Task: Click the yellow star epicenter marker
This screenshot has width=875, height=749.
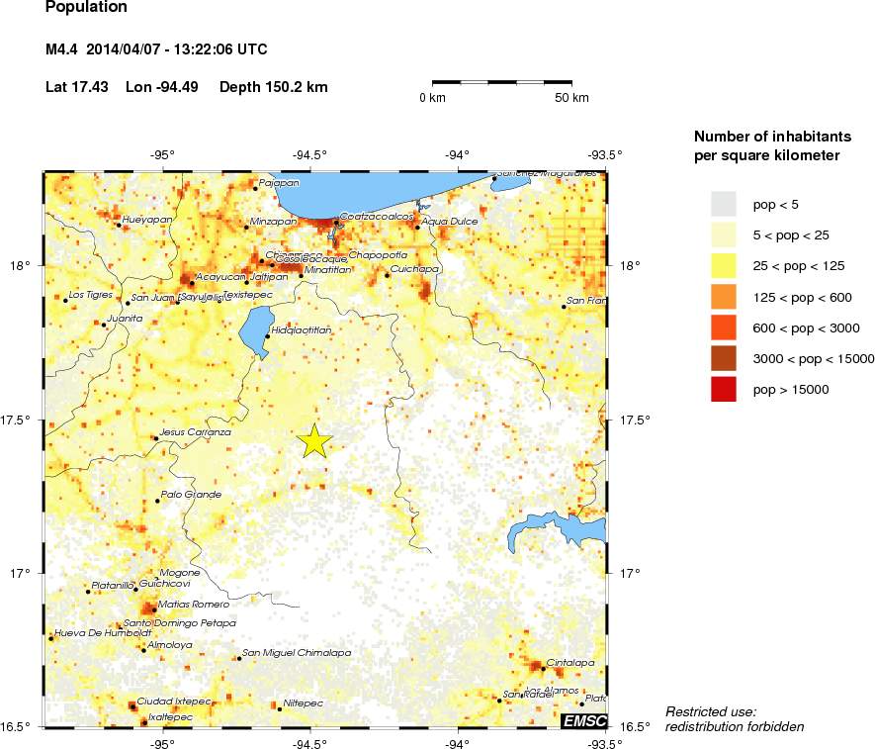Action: point(314,440)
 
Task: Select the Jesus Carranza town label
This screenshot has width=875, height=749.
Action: point(195,432)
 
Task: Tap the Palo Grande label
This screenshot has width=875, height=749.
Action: point(191,494)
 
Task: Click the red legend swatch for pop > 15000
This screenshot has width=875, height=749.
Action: point(725,390)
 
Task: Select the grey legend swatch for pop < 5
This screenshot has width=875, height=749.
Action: point(725,204)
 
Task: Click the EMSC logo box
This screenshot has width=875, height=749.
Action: point(583,720)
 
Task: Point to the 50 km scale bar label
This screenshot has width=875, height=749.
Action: point(571,98)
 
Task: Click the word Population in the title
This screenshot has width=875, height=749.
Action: point(86,7)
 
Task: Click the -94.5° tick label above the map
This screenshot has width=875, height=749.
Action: point(310,154)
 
